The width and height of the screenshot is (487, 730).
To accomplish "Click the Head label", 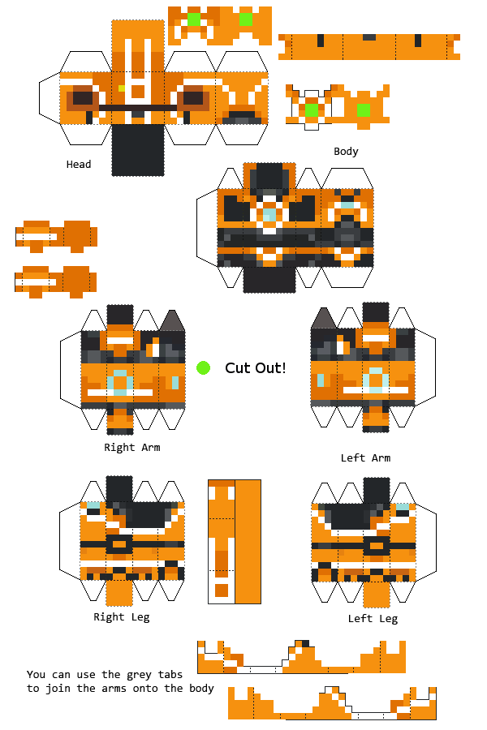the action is tap(79, 165).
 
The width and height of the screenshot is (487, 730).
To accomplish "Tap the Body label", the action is tap(346, 152).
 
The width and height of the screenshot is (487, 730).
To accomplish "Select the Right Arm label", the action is tap(131, 447).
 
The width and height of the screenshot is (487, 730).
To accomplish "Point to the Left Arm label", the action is tap(365, 458).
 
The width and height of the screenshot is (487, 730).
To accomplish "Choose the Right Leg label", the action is tap(121, 617).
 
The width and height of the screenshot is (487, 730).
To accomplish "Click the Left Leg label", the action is tap(373, 619).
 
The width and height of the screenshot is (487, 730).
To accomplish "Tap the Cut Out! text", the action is tap(255, 368).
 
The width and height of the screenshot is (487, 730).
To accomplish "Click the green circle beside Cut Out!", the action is tap(204, 368).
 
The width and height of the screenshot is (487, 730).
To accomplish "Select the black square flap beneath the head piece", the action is tap(137, 150).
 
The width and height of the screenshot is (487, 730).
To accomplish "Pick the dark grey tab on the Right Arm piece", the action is tap(171, 320).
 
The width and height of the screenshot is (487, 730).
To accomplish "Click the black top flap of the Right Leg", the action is tap(119, 489).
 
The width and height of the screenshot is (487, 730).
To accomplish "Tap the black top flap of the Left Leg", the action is tap(376, 490).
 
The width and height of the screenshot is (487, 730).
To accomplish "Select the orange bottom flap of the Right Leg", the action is tap(119, 593).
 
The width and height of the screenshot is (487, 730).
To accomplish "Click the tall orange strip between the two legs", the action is tap(248, 541).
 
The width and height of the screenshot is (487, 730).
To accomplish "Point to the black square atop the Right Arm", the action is tap(120, 316).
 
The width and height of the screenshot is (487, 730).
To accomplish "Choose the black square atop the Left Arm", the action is tap(376, 315).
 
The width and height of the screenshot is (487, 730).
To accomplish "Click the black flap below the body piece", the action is tap(269, 280).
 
